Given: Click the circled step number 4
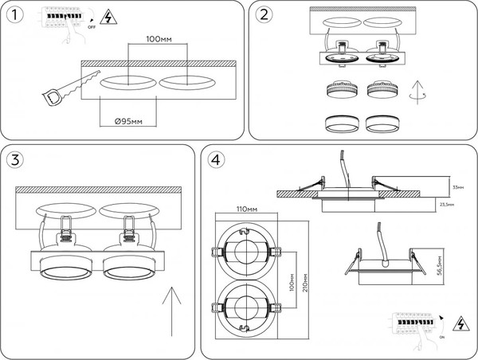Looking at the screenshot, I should point(215,160).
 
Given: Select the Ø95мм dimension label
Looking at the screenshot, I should point(128,120).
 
